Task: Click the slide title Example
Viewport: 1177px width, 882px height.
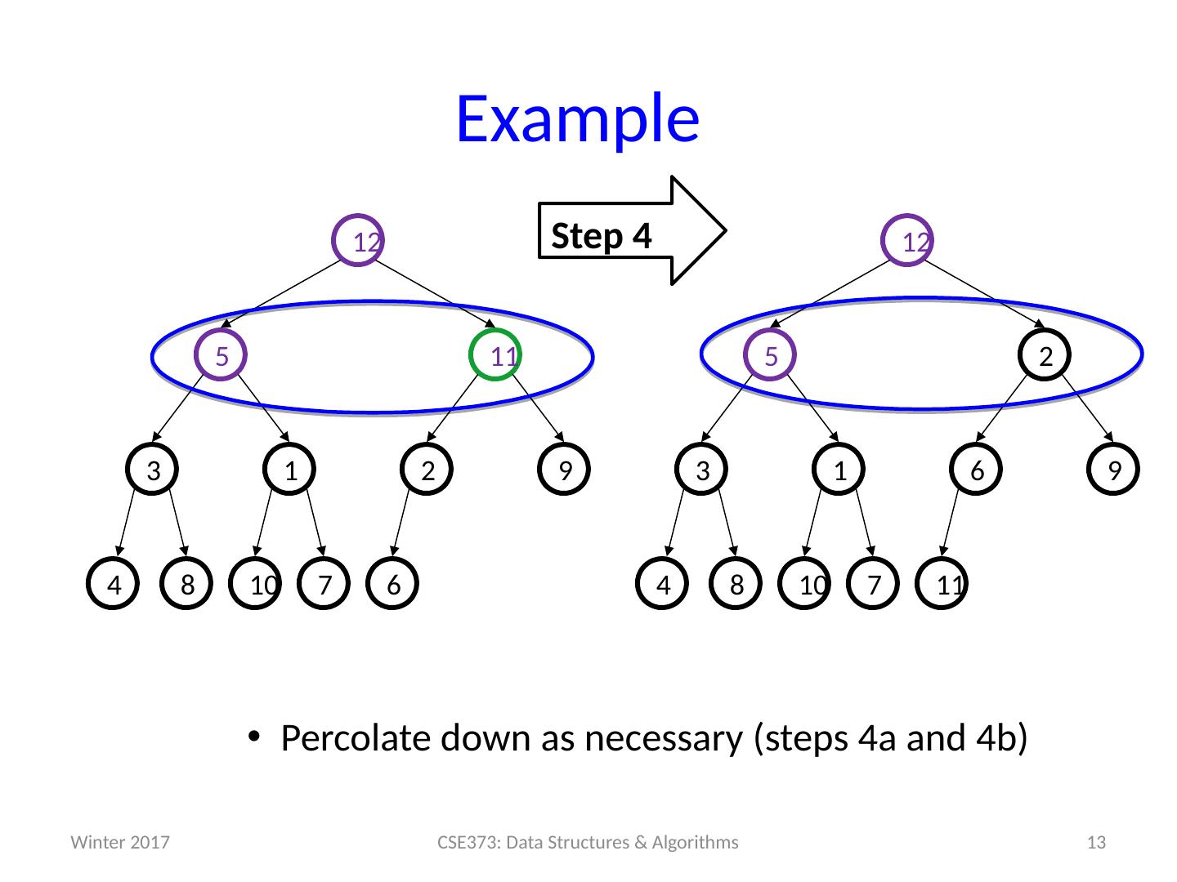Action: click(577, 119)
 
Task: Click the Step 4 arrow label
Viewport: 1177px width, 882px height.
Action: click(602, 236)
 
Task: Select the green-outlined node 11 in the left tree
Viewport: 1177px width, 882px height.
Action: click(496, 355)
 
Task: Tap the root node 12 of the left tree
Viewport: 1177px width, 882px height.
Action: click(360, 241)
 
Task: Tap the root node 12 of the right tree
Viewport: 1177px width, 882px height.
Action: click(909, 241)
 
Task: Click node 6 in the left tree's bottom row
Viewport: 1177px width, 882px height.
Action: click(393, 585)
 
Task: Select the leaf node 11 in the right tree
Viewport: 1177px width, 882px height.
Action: click(942, 585)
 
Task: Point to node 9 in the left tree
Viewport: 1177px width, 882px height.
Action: click(565, 470)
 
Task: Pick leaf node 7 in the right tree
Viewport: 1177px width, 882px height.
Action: click(875, 585)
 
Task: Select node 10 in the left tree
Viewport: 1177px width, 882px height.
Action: click(256, 585)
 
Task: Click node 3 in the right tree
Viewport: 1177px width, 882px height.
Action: click(702, 470)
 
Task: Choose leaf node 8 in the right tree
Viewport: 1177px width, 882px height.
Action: click(737, 585)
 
